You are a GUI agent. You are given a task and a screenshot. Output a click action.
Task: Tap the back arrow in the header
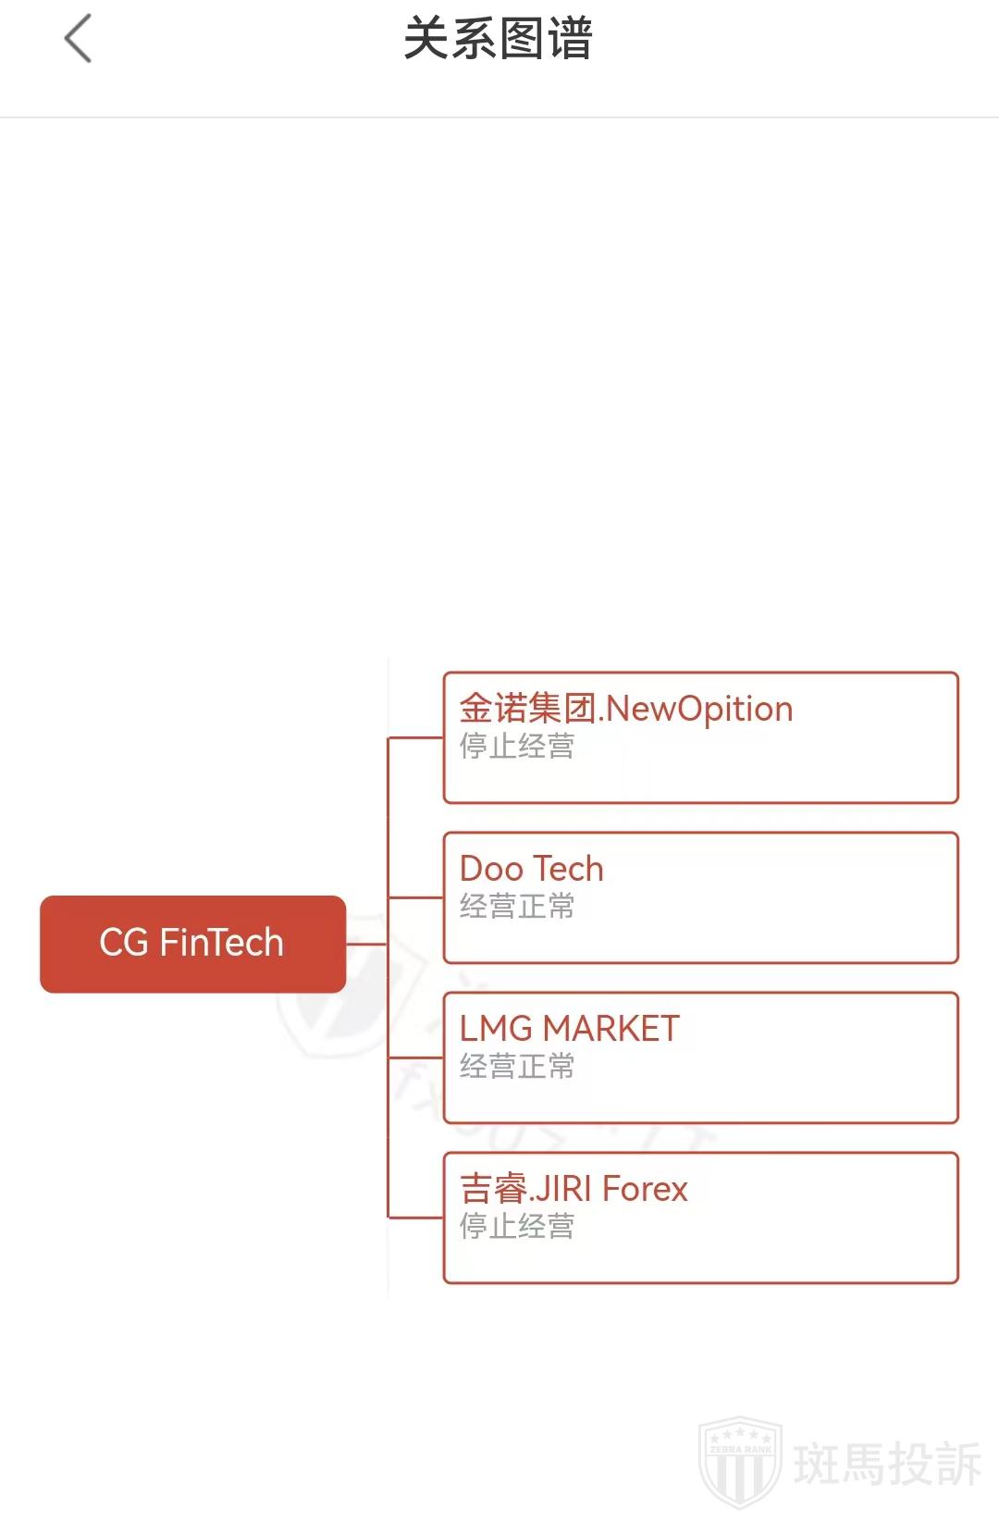[x=79, y=39]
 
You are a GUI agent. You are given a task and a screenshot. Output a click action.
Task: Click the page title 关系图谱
[x=498, y=39]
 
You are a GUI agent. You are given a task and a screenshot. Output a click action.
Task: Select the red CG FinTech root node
[x=192, y=944]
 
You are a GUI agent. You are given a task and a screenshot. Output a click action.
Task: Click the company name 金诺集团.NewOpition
[x=626, y=709]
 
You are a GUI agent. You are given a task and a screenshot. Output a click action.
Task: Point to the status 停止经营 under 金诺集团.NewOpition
[x=517, y=746]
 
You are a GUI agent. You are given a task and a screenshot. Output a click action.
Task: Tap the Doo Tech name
[x=531, y=869]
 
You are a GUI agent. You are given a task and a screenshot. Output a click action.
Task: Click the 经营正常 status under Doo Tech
[x=517, y=906]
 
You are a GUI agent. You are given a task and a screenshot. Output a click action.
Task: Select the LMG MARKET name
[x=569, y=1029]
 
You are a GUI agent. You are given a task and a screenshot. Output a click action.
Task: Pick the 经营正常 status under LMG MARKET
[x=517, y=1066]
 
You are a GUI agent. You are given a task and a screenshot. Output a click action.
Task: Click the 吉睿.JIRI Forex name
[x=573, y=1189]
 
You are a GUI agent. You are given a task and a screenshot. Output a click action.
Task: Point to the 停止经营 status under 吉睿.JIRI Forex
[x=517, y=1226]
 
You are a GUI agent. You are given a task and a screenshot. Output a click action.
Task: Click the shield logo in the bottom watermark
[x=740, y=1461]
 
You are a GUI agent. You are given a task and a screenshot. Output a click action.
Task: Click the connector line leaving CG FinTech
[x=366, y=944]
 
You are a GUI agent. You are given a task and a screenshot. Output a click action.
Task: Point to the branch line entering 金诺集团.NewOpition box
[x=416, y=737]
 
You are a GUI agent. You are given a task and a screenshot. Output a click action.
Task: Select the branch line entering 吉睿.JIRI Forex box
[x=416, y=1218]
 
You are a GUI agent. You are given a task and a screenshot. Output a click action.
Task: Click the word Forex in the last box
[x=645, y=1189]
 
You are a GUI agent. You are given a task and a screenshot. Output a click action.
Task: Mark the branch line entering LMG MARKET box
[x=416, y=1057]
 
